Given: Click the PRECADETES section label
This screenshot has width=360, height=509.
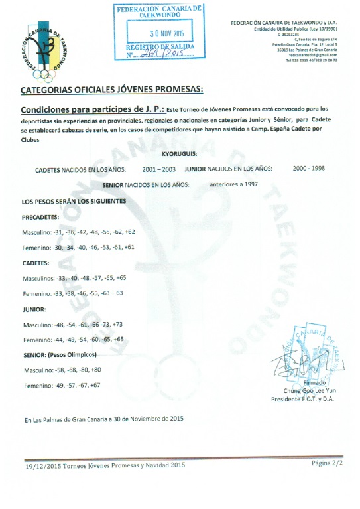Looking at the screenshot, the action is [40, 216].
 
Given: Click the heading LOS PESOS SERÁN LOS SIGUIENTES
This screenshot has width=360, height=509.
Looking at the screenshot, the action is [74, 200].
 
